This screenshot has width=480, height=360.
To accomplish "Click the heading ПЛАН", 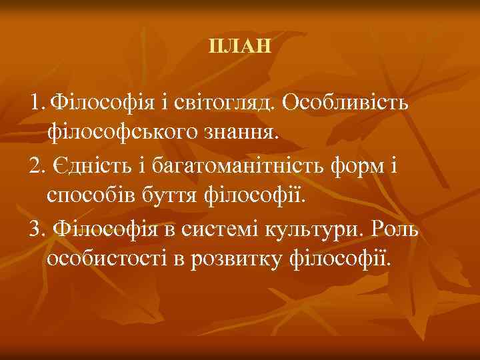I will coord(240,47).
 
